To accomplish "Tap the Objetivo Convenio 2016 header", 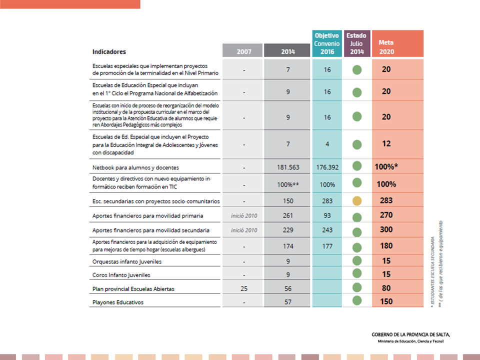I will click(x=326, y=43).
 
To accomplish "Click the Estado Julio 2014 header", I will click(x=356, y=43).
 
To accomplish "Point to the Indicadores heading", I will click(x=109, y=51).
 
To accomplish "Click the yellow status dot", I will click(x=356, y=201).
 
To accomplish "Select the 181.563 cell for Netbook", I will click(x=287, y=167).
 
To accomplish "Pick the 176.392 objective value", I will click(x=327, y=167).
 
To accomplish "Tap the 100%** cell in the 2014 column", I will click(x=288, y=184).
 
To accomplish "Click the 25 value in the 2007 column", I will click(x=243, y=289).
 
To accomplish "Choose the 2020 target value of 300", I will click(x=386, y=230).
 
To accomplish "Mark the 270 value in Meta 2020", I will click(x=386, y=215).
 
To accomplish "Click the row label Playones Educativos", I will click(x=117, y=302).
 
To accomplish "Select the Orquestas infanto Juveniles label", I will click(x=127, y=261).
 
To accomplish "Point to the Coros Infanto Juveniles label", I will click(x=121, y=275).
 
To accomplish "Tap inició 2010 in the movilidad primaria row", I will click(x=244, y=215).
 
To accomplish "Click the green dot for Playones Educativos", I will click(x=356, y=300).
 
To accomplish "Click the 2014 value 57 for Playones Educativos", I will click(x=288, y=302).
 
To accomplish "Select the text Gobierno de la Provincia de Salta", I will click(x=411, y=334).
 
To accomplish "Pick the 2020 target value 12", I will click(x=386, y=144).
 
